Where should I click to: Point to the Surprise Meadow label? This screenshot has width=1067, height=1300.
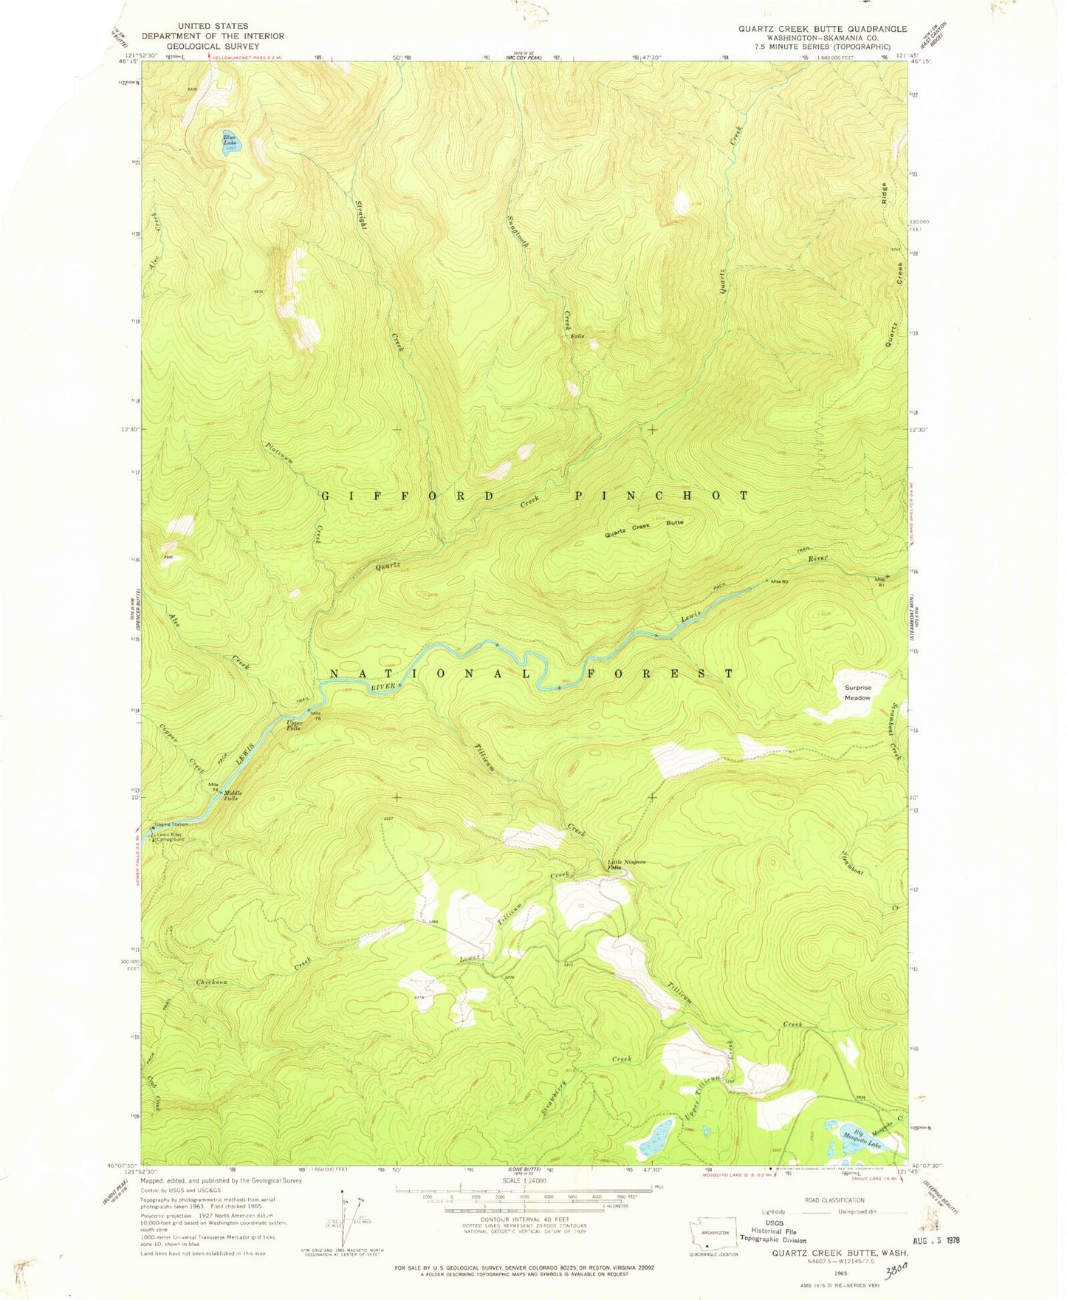tap(857, 692)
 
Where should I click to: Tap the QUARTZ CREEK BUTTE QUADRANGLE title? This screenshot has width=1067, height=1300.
tap(823, 29)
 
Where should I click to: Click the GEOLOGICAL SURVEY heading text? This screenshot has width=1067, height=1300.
tap(195, 44)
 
